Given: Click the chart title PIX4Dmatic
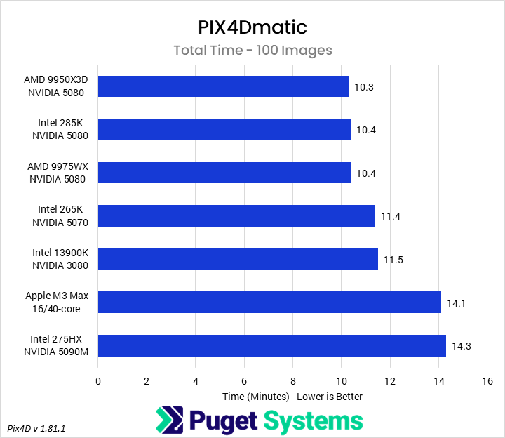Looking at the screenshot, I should click(x=252, y=27).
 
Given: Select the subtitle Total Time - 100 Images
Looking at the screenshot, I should click(x=252, y=51).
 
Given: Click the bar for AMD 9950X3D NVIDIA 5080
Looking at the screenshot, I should click(x=223, y=86).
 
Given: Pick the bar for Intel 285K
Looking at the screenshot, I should click(x=224, y=129).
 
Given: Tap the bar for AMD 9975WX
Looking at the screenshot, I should click(x=224, y=173).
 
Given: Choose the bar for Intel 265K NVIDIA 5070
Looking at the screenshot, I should click(x=236, y=215).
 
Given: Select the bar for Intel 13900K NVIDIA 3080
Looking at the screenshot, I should click(x=238, y=259).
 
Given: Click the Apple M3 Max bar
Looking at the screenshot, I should click(x=269, y=303).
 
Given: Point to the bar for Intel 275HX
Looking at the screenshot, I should click(x=272, y=345).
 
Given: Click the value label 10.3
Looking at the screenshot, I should click(x=364, y=87).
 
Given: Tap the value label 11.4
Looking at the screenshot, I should click(x=390, y=216).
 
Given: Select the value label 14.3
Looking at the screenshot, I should click(x=461, y=346).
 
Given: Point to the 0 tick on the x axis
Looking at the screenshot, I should click(x=98, y=381).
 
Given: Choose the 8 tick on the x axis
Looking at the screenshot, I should click(x=292, y=381).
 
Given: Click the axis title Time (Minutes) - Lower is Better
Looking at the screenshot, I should click(x=292, y=397).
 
